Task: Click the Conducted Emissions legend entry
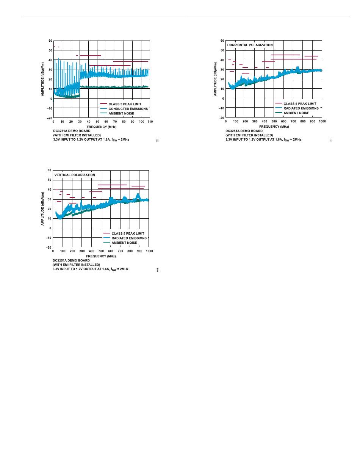(128, 108)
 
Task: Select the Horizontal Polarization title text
(250, 45)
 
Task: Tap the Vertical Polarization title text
(75, 175)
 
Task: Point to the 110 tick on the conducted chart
(150, 121)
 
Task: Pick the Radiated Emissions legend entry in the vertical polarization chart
(129, 238)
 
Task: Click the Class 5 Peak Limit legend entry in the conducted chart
(125, 104)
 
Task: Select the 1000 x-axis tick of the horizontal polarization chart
(322, 121)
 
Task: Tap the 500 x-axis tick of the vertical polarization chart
(101, 251)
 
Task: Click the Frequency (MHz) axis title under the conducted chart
(102, 126)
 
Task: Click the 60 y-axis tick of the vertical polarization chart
(49, 170)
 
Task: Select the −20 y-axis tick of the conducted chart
(50, 118)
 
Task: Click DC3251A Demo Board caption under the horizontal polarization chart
(244, 131)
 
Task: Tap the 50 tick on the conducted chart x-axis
(97, 121)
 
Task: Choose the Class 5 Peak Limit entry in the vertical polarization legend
(128, 233)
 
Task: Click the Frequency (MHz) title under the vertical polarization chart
(101, 256)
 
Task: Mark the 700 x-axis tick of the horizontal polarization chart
(293, 121)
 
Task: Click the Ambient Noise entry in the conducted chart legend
(121, 113)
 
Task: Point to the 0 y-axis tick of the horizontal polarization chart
(223, 99)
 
